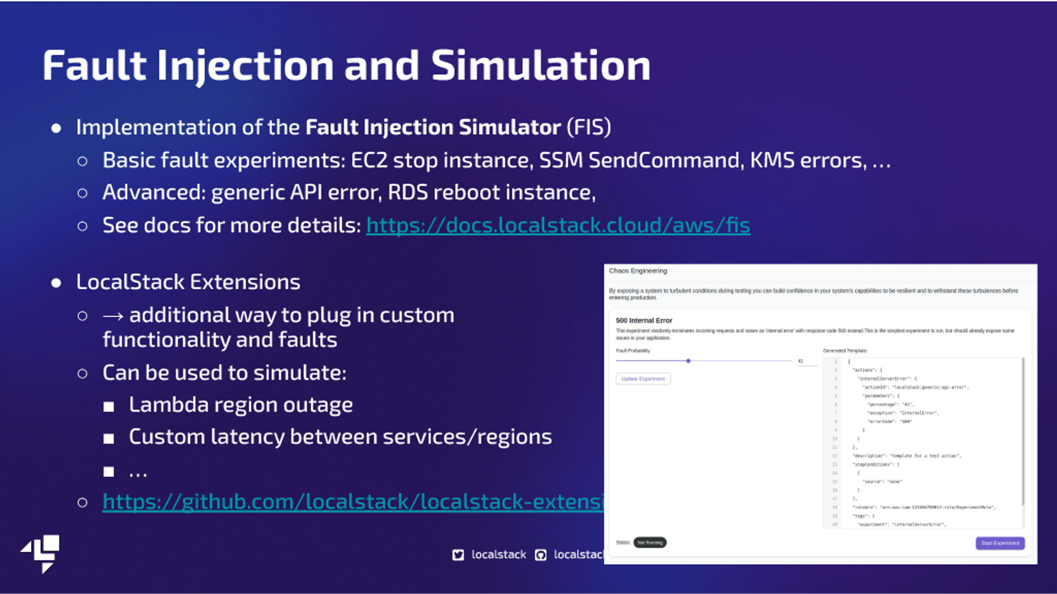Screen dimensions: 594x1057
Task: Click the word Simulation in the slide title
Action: click(x=540, y=65)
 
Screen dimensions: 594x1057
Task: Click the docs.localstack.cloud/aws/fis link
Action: click(x=558, y=226)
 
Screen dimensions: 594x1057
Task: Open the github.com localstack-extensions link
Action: click(x=353, y=502)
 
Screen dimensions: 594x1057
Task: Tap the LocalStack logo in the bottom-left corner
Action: click(x=41, y=553)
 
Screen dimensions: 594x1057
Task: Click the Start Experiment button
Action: click(x=1000, y=543)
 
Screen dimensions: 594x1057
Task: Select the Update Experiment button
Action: click(x=643, y=379)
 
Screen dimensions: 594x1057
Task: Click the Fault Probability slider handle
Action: click(x=688, y=361)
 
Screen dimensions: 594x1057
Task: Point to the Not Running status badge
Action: click(x=650, y=543)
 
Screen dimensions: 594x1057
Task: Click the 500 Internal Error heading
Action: click(x=644, y=320)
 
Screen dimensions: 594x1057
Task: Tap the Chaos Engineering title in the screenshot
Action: click(x=638, y=271)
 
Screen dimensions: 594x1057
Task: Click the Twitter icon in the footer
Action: click(x=458, y=555)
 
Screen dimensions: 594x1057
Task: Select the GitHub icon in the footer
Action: click(x=541, y=555)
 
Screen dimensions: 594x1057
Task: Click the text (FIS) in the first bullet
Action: click(x=589, y=127)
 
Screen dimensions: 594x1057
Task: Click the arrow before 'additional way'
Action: click(x=113, y=316)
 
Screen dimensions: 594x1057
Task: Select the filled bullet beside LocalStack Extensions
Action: click(x=56, y=283)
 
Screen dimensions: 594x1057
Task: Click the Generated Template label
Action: click(x=844, y=350)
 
